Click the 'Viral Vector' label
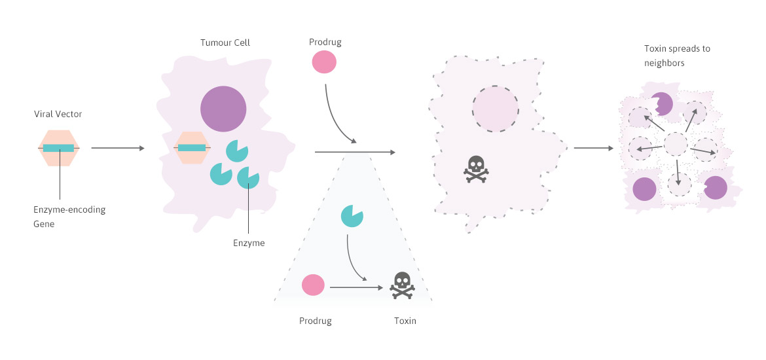(58, 115)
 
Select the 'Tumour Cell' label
(225, 43)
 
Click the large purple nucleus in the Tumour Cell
(223, 109)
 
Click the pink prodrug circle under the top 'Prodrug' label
(324, 63)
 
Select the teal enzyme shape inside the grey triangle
(352, 216)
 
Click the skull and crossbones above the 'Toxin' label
(402, 285)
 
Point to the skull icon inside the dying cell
(475, 169)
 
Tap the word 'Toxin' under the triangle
(405, 321)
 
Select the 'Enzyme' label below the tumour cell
(249, 243)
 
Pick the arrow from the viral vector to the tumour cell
(117, 149)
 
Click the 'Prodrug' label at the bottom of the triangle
(315, 321)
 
